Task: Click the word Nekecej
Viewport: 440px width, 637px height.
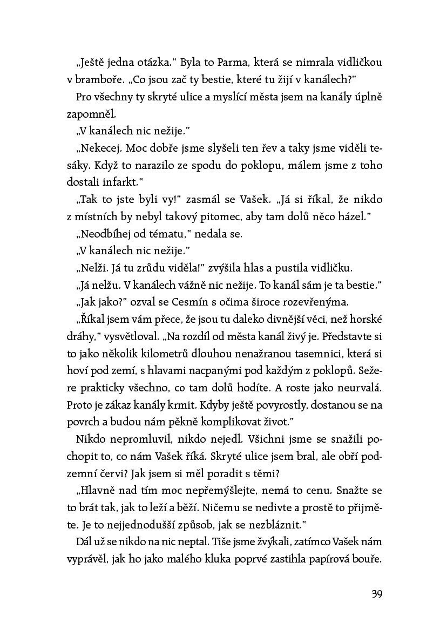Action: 97,148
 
